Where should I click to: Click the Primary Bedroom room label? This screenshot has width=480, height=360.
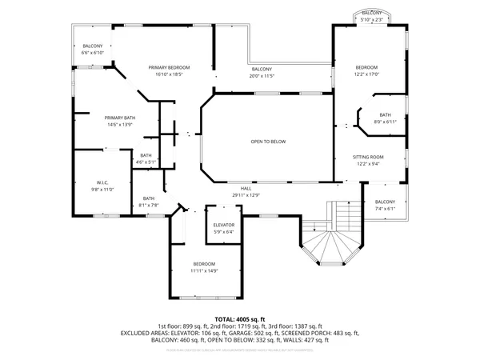(169, 67)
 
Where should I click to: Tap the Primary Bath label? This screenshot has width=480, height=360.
(120, 118)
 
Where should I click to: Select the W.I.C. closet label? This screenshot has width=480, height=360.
(103, 182)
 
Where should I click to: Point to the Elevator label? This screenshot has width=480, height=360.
(223, 226)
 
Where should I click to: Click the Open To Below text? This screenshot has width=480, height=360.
(268, 142)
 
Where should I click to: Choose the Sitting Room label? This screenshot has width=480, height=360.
(370, 157)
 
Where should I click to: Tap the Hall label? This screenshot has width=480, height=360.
(246, 188)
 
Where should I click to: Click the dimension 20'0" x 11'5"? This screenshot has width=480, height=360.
(262, 77)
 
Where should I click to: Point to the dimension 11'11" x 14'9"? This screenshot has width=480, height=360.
(205, 270)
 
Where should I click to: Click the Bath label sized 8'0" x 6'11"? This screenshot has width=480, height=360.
(385, 114)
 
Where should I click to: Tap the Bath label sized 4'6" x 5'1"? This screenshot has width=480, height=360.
(146, 155)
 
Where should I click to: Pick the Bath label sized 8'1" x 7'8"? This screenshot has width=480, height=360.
(149, 198)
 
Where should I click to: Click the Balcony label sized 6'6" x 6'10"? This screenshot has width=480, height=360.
(93, 46)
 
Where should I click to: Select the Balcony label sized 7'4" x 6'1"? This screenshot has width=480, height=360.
(385, 202)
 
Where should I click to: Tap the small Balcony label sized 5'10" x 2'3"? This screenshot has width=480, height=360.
(371, 13)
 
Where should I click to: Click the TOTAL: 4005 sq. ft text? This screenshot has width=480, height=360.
(239, 318)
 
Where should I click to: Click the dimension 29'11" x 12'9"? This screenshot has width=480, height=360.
(246, 195)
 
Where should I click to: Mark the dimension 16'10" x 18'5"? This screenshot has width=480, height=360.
(169, 74)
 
